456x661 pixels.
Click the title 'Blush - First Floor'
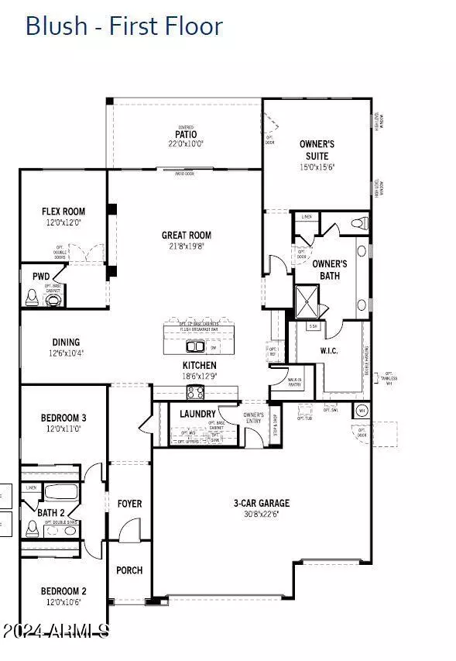124,26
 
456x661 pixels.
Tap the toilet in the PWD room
32,298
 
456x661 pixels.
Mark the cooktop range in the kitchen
194,393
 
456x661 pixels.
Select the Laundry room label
197,414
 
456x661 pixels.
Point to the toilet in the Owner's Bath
357,225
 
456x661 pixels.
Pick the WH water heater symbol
361,411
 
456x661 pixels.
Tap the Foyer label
129,504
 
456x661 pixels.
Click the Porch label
129,570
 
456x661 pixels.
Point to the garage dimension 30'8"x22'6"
262,514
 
